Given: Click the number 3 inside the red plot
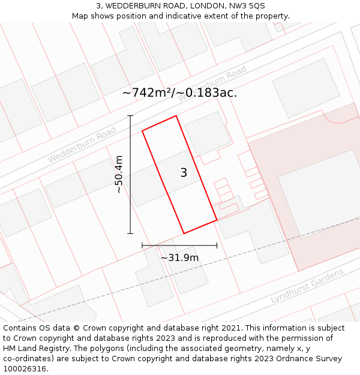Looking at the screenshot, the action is (184, 173).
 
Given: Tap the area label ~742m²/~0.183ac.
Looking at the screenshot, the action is (179, 93).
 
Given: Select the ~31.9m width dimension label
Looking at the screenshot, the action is (179, 258).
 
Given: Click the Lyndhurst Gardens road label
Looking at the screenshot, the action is (307, 286).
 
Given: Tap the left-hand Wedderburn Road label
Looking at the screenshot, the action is (82, 145).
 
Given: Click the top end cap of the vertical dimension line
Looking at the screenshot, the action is (130, 115).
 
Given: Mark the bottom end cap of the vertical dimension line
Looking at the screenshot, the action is (130, 233).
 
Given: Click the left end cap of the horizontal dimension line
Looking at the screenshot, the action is (142, 245).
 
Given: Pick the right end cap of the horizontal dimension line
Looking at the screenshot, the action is (217, 245).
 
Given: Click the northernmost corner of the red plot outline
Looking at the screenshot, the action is (176, 116).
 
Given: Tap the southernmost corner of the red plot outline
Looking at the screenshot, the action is (184, 233).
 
